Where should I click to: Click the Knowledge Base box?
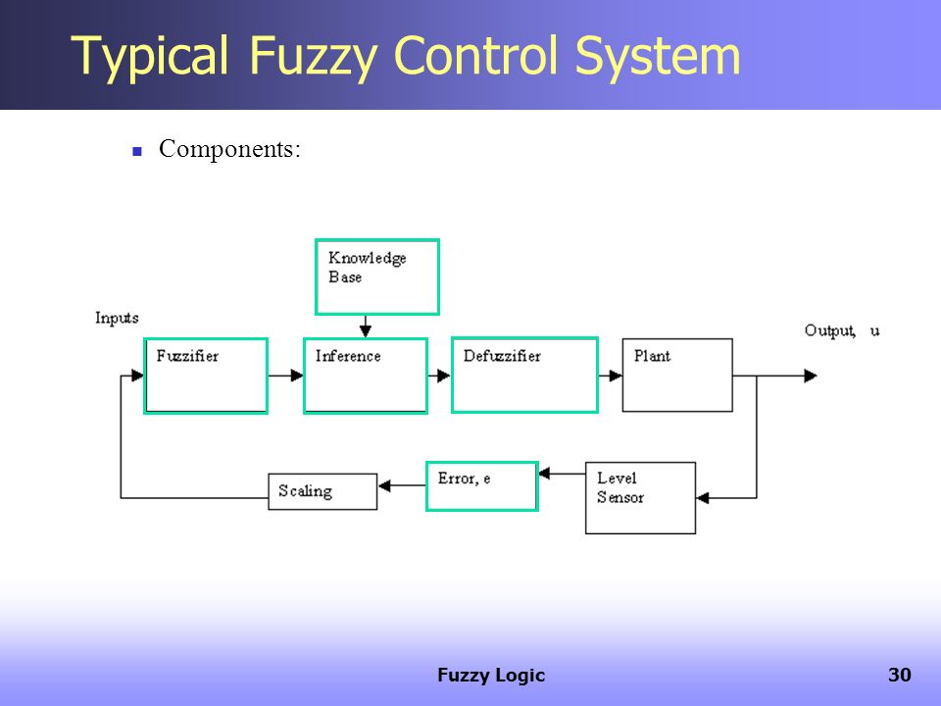click(377, 277)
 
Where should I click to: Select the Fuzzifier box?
click(206, 376)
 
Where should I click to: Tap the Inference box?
click(366, 376)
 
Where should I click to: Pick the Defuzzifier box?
click(524, 376)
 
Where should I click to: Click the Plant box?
click(677, 376)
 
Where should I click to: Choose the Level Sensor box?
click(640, 498)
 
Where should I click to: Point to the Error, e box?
click(482, 486)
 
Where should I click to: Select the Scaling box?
click(322, 491)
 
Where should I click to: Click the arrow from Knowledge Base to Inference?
click(366, 326)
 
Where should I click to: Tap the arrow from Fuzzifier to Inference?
click(285, 376)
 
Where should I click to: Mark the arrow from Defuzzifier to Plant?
click(611, 376)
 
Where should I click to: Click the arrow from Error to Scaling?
click(402, 485)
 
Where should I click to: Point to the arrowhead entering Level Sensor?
click(703, 498)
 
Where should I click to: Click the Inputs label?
click(117, 318)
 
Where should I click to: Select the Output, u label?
click(842, 330)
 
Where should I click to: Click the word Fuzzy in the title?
click(314, 56)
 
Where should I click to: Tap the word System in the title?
click(658, 56)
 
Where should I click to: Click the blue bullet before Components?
click(137, 152)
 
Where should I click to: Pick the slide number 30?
click(900, 675)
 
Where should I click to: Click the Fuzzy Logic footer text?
click(491, 676)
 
